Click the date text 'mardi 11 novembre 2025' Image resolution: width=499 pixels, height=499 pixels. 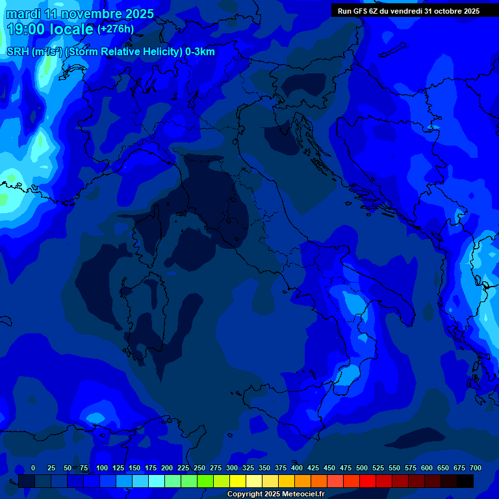point(80,14)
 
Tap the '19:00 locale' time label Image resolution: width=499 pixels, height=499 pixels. point(50,29)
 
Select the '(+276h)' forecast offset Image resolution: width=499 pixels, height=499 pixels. point(116,29)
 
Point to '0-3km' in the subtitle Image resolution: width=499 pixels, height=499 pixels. point(199,52)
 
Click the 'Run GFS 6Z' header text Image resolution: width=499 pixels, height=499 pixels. point(358,11)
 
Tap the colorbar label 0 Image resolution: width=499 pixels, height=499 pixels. point(33,468)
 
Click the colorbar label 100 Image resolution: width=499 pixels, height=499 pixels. point(102,468)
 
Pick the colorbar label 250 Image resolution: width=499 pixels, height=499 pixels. point(199,468)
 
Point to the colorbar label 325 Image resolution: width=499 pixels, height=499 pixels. point(248,468)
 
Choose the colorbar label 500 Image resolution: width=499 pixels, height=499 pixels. point(362,468)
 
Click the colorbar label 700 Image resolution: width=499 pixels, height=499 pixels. point(476,468)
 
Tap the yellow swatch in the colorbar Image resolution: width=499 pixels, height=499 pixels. point(238,481)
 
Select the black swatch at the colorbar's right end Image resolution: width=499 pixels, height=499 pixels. point(465,481)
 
